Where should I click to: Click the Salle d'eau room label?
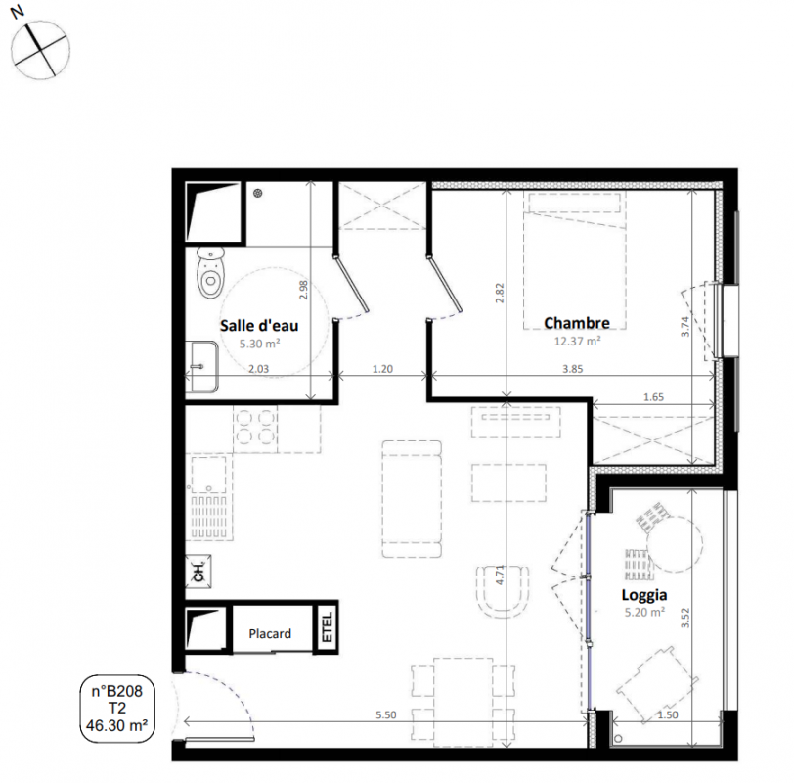(259, 325)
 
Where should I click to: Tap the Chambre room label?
(577, 323)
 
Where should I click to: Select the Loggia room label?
(644, 595)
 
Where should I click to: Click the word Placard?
(270, 633)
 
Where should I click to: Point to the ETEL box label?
(328, 627)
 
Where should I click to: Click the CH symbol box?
(198, 572)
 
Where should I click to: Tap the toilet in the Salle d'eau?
(210, 273)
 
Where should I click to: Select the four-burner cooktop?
(254, 429)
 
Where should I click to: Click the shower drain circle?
(258, 193)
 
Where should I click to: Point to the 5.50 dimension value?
(386, 715)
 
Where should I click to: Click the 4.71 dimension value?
(501, 576)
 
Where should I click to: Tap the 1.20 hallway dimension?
(382, 369)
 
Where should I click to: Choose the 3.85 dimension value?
(573, 369)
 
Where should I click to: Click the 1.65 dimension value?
(653, 397)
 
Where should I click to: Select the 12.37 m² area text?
(577, 341)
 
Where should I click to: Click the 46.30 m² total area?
(117, 725)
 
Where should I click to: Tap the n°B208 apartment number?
(117, 691)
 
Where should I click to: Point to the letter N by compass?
(18, 11)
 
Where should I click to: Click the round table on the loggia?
(675, 543)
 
